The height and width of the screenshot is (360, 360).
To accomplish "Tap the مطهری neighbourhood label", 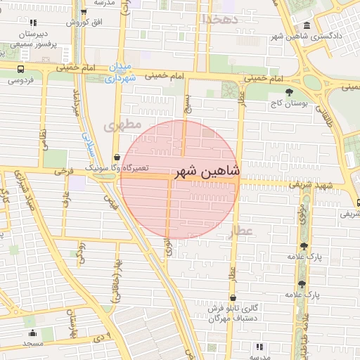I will [117, 127].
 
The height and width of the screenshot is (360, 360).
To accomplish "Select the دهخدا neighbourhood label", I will [221, 19].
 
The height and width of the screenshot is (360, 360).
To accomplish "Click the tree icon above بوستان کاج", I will [289, 92].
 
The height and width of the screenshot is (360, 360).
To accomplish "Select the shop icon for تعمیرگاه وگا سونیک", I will [116, 157].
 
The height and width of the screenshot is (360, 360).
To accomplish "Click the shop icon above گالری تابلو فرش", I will [233, 298].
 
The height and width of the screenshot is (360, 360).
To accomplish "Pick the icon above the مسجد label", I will [32, 333].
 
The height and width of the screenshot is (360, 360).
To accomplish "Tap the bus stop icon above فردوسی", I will [20, 70].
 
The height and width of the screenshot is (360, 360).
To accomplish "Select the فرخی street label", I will [63, 171].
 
